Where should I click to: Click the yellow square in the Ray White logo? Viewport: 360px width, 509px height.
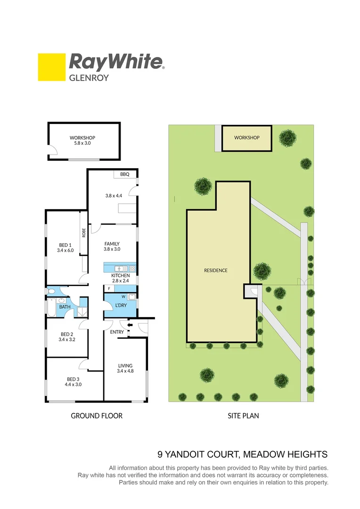coord(51,67)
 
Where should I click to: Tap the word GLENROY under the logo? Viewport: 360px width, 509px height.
coord(89,78)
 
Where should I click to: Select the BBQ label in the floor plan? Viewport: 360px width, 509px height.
coord(124,174)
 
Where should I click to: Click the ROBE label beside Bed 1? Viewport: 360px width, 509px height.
coord(84,232)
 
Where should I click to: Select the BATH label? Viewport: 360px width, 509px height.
coord(65,307)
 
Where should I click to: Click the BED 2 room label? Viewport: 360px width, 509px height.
coord(65,337)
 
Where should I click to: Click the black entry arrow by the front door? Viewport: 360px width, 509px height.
coord(131,325)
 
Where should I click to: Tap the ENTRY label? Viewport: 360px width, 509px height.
coord(116,332)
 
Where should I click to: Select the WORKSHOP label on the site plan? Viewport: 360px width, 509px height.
coord(247,138)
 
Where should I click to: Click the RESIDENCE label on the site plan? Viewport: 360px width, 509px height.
coord(216,271)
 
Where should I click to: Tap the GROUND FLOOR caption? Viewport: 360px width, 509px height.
coord(97,416)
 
